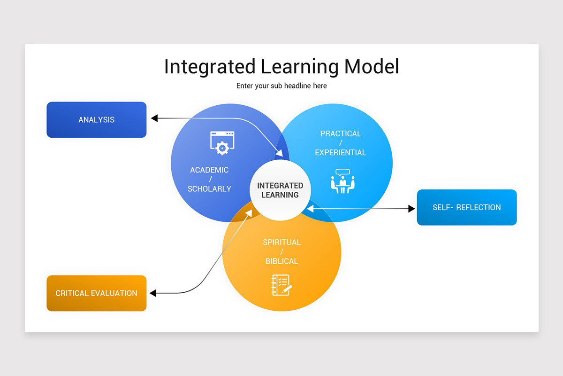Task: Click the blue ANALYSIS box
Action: [96, 120]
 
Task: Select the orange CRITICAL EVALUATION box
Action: [96, 293]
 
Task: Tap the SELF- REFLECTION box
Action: [466, 207]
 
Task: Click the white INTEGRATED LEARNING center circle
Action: [280, 190]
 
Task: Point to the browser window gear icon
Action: [222, 143]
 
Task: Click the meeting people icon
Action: [343, 181]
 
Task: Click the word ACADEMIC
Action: [209, 170]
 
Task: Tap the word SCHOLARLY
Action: [209, 189]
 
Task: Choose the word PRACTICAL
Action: [341, 134]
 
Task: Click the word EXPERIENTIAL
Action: [341, 153]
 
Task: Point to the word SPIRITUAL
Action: [281, 243]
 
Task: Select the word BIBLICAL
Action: [281, 261]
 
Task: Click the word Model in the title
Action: [371, 67]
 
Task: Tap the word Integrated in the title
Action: [210, 67]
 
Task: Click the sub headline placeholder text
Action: [281, 86]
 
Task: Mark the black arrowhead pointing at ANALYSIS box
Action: [154, 118]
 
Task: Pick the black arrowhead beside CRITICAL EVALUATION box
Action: [153, 293]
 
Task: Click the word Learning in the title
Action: [300, 67]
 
